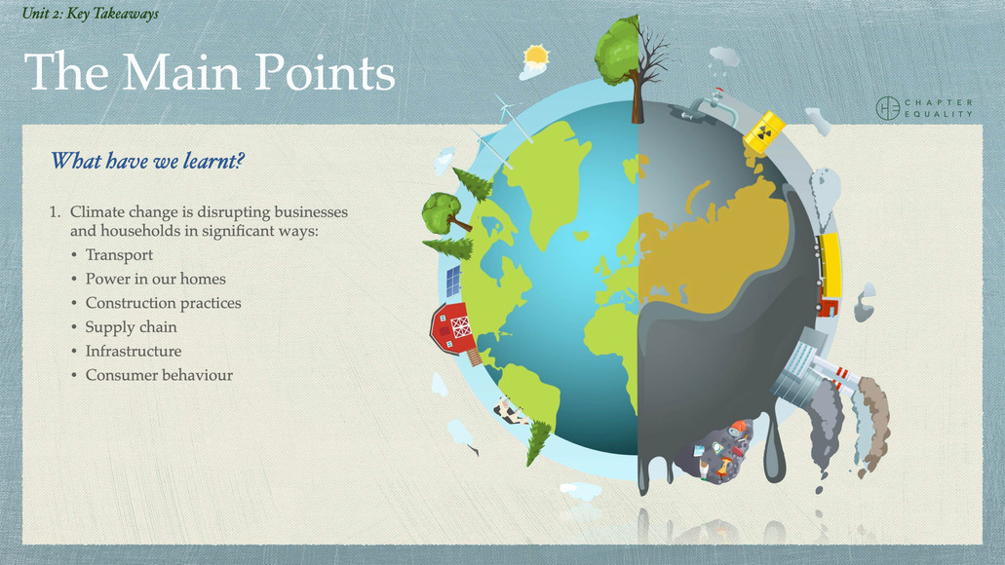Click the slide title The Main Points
[x=210, y=73]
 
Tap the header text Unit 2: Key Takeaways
[x=90, y=14]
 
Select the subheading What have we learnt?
[x=146, y=161]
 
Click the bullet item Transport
[x=119, y=255]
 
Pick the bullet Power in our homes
[x=155, y=279]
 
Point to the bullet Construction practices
[x=163, y=303]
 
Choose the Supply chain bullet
[x=131, y=327]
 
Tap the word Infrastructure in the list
[x=134, y=351]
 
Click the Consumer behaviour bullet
[x=159, y=375]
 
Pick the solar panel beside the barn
[x=453, y=282]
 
